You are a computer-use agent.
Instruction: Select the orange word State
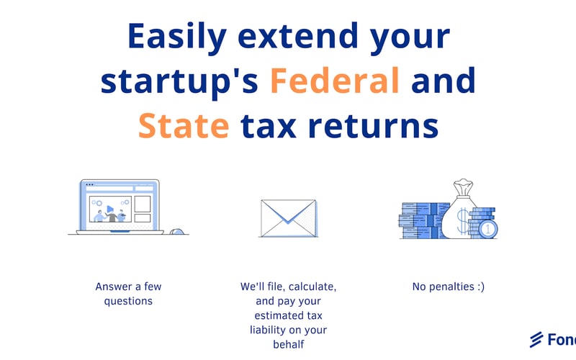(184, 126)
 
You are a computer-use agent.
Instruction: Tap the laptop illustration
(117, 207)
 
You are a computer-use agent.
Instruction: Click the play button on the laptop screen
(109, 210)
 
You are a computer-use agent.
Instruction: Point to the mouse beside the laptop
(176, 231)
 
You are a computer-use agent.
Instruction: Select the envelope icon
(288, 217)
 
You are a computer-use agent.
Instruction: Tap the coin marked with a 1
(489, 229)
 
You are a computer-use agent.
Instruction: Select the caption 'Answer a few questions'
(124, 294)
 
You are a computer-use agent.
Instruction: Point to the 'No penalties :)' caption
(448, 287)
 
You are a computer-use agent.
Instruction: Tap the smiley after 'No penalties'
(479, 287)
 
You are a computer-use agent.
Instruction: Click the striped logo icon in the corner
(536, 339)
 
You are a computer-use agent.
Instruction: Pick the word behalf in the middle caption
(288, 344)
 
